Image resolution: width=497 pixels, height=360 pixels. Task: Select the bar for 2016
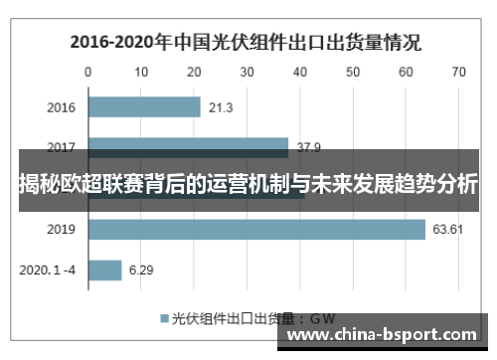[145, 107]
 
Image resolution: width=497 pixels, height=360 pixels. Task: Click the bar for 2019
[256, 231]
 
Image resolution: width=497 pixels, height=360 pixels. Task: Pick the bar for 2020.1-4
[105, 270]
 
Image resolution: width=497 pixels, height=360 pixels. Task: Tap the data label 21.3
[222, 107]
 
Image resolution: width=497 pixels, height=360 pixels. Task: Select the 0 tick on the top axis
[88, 72]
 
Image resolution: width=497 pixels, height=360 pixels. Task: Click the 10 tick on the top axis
[141, 72]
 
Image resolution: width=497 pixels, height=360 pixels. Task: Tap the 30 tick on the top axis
[247, 72]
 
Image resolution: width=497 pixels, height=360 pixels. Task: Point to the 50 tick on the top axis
[353, 72]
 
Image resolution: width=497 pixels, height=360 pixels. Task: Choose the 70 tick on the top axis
[458, 72]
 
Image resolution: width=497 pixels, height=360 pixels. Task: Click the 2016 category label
[61, 107]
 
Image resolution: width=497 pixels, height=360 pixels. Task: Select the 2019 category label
[61, 231]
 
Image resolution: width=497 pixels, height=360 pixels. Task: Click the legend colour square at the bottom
[164, 320]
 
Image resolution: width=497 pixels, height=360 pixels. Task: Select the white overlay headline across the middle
[248, 183]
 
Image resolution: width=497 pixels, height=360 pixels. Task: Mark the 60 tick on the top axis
[406, 72]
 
